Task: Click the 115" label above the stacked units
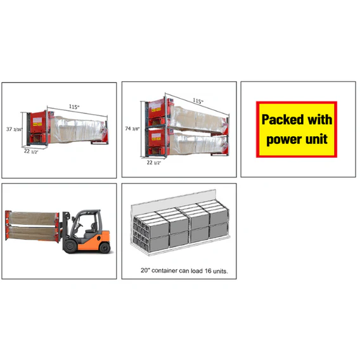pyautogui.click(x=197, y=101)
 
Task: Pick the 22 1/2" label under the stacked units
pyautogui.click(x=153, y=163)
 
